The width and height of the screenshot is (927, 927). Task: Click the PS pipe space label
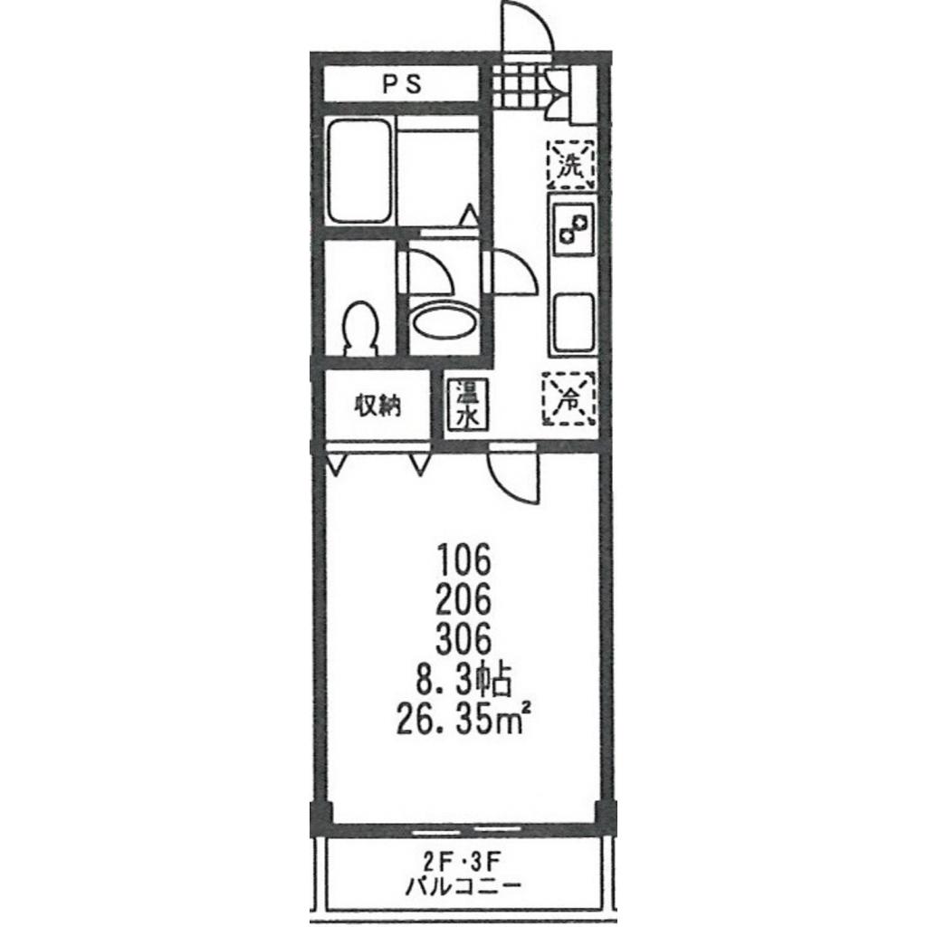(x=402, y=84)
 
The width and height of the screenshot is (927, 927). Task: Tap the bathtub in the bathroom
(x=359, y=171)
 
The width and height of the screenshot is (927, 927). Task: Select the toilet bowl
(x=360, y=329)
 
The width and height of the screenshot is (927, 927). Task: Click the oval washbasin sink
(x=444, y=321)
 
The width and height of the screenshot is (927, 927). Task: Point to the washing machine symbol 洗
(x=571, y=165)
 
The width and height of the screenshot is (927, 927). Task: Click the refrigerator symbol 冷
(x=569, y=398)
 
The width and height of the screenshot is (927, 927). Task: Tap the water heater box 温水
(x=467, y=403)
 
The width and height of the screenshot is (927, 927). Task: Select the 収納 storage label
(x=377, y=406)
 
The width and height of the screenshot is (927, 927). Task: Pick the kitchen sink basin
(x=574, y=323)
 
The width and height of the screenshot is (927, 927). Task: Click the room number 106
(x=464, y=559)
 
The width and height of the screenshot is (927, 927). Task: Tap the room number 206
(x=464, y=599)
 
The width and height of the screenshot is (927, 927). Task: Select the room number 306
(x=464, y=639)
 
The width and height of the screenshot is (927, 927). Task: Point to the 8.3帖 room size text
(x=463, y=680)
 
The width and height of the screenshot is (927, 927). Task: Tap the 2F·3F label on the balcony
(x=463, y=863)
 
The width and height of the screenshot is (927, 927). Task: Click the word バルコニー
(x=463, y=886)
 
